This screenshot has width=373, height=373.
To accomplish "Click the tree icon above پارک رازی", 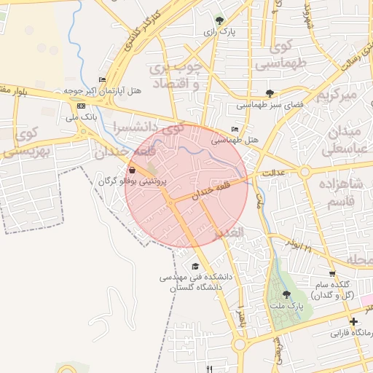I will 221,20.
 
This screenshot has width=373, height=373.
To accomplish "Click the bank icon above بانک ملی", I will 79,106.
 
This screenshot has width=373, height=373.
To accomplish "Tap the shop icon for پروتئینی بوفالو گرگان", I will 131,169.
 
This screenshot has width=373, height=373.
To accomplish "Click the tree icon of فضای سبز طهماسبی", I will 270,93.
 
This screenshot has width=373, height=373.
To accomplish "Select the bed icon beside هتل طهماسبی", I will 234,128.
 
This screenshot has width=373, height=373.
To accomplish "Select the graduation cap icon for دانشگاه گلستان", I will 195,267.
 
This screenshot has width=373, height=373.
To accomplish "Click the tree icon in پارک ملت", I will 286,294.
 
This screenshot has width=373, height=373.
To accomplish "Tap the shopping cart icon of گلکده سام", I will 332,274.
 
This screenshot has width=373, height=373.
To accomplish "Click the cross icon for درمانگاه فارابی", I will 353,321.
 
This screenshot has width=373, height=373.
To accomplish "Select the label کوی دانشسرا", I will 145,127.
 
